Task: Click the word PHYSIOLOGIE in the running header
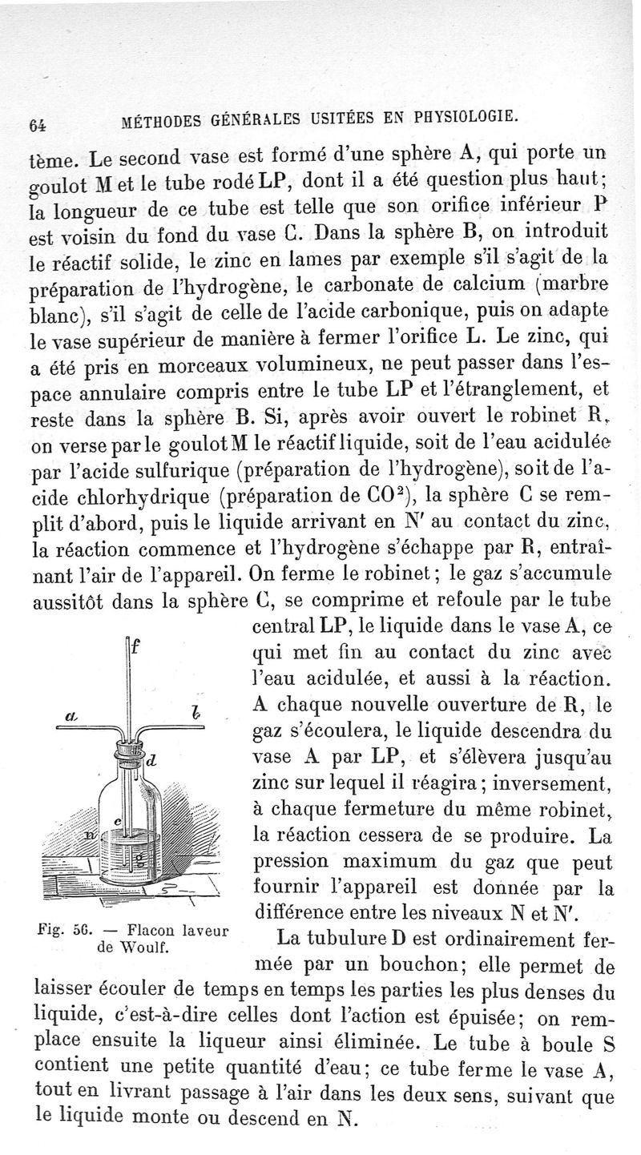click(463, 118)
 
